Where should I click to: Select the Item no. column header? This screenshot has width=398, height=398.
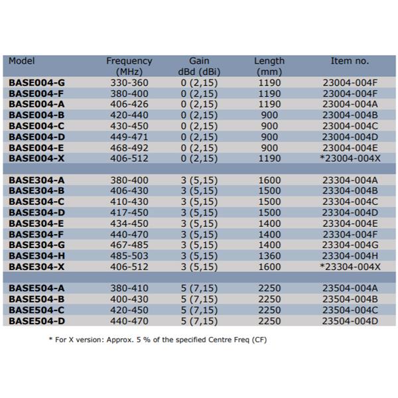(x=350, y=60)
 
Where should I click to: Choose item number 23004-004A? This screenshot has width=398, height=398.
(x=350, y=104)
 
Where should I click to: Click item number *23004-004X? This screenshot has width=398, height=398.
(x=350, y=157)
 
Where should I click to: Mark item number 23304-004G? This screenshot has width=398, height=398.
(x=350, y=245)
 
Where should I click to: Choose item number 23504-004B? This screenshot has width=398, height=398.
(x=350, y=299)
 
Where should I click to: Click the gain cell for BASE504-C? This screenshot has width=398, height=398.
(x=199, y=310)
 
